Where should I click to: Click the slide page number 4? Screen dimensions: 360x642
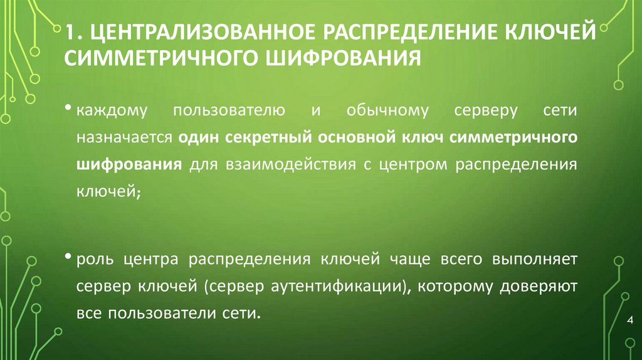(629, 321)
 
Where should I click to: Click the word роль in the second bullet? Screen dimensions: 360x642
(93, 260)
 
